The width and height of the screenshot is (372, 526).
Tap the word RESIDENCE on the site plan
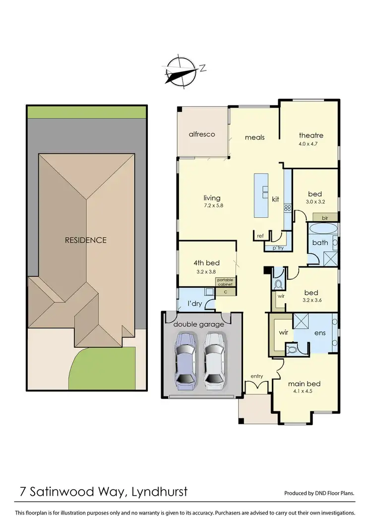point(86,240)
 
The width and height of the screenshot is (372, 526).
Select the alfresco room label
point(201,134)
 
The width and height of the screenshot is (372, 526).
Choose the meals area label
point(254,137)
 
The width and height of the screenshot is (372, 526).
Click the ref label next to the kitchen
point(260,236)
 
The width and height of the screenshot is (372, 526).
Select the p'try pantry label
point(274,248)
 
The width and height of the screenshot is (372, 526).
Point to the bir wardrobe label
point(325,218)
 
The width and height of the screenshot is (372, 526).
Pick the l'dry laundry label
point(193,303)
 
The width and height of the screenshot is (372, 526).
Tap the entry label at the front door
point(256,376)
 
